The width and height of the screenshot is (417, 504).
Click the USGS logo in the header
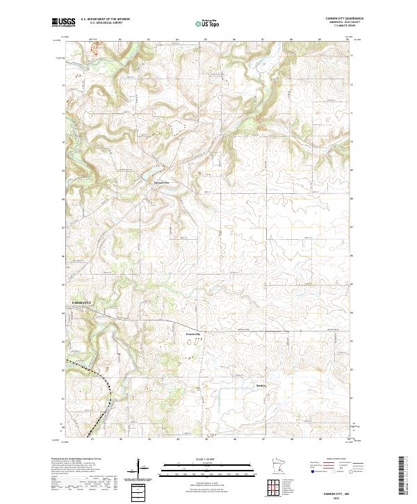(x=63, y=22)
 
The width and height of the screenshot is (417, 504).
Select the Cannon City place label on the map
(x=161, y=183)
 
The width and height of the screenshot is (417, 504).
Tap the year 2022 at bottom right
(x=337, y=497)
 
